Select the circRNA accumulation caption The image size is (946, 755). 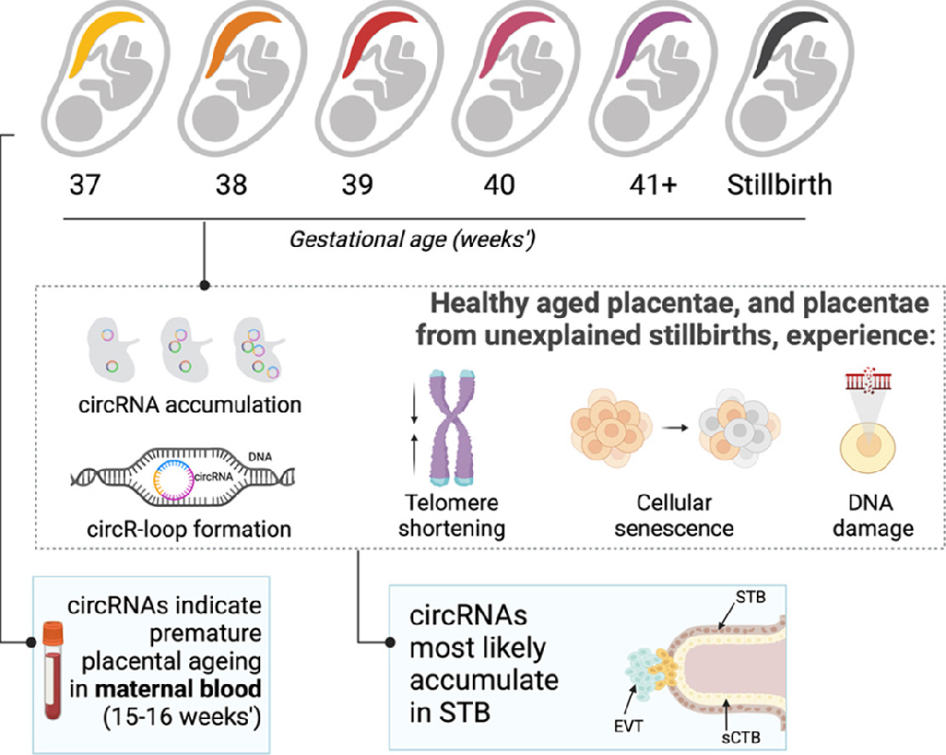(190, 405)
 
